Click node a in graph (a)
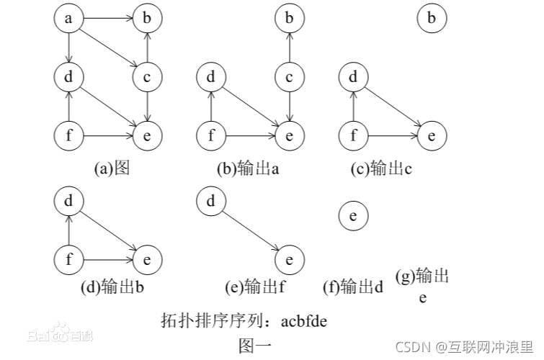(69, 19)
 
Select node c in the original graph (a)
(147, 76)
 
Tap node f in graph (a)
(69, 134)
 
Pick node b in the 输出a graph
(289, 19)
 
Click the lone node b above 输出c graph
(432, 19)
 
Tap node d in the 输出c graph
(353, 76)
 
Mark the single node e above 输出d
(353, 215)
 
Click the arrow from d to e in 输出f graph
(250, 230)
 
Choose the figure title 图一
(255, 345)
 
